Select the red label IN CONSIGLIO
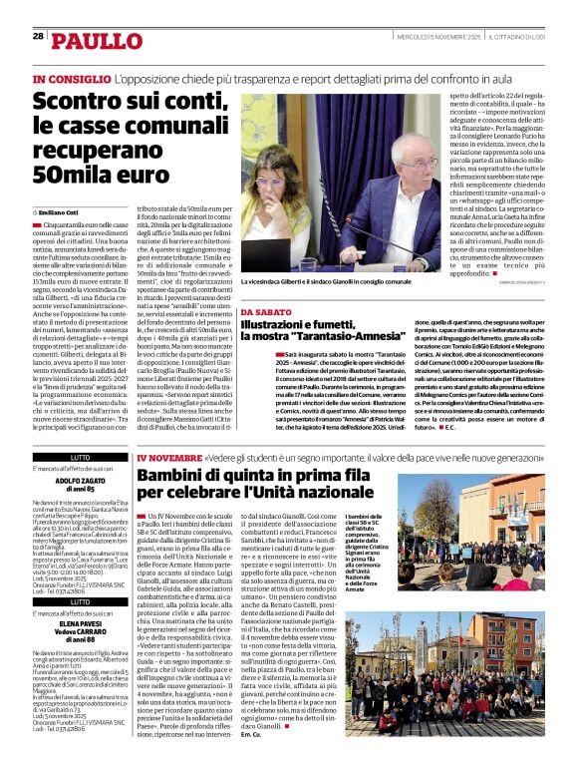(x=70, y=78)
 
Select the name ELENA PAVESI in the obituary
(x=81, y=629)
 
